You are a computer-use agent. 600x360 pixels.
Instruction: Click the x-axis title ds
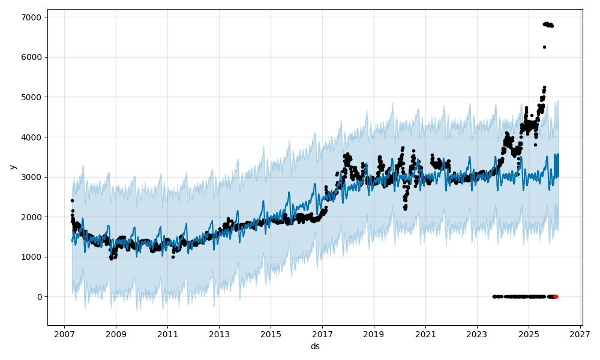click(x=315, y=347)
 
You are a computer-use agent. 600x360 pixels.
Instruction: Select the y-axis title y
click(x=12, y=167)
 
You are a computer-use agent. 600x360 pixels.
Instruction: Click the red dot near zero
click(x=555, y=296)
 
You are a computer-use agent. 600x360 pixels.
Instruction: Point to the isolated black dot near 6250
click(x=544, y=47)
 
